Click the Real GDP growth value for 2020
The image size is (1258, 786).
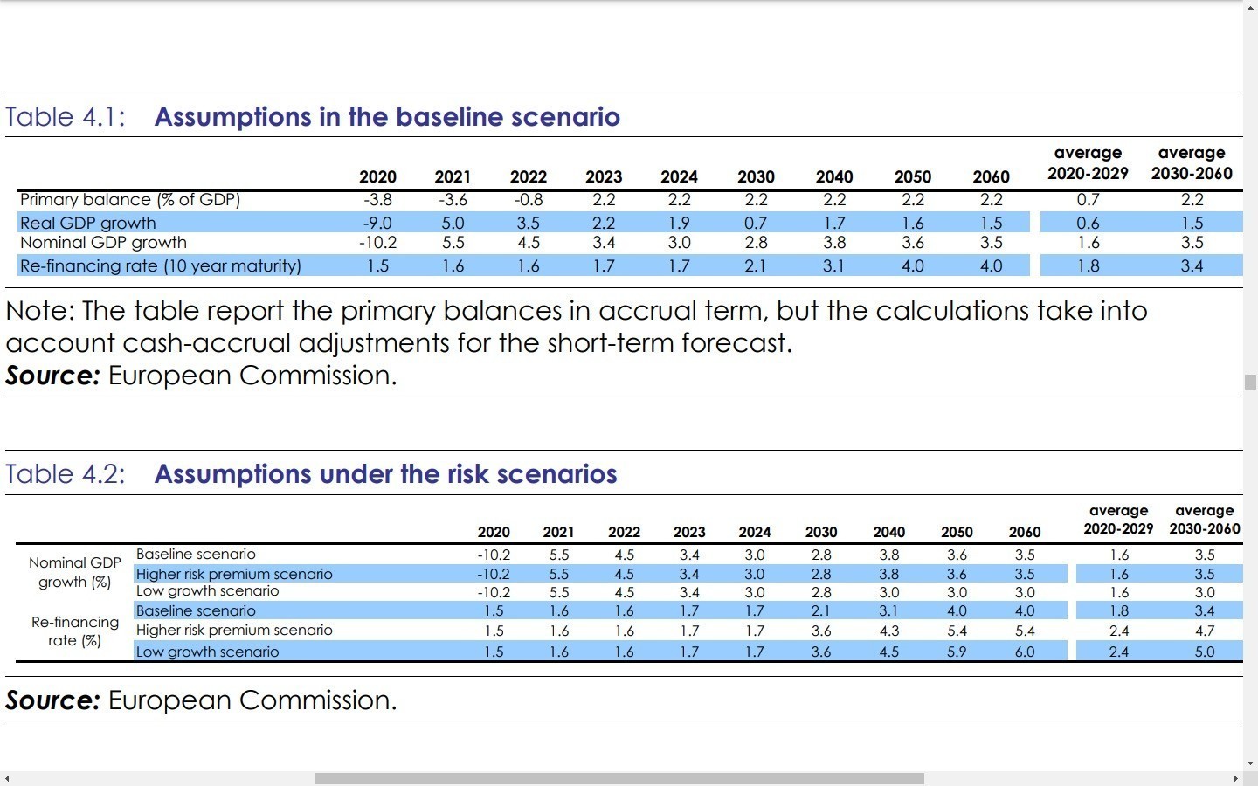[377, 224]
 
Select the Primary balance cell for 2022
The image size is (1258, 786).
[529, 200]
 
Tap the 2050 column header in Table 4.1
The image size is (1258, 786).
[913, 177]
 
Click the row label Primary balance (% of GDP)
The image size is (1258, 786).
[130, 200]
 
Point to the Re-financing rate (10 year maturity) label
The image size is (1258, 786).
[161, 266]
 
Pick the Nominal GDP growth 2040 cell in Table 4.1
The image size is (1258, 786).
[834, 243]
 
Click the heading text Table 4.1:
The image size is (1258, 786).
[66, 117]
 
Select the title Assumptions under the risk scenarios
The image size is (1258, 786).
[385, 474]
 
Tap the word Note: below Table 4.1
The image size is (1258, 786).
[40, 311]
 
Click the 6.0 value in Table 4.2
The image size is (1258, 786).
[1025, 652]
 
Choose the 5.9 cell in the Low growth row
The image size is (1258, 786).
[957, 652]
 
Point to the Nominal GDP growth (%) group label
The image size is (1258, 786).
[75, 572]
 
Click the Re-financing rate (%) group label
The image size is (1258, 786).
[75, 631]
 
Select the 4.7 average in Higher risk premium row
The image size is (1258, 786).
[1205, 631]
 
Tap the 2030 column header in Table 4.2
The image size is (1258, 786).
[821, 533]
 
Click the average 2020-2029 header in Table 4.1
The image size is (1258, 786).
[1088, 163]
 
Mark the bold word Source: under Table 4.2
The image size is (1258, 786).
[52, 700]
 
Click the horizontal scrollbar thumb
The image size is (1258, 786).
[619, 778]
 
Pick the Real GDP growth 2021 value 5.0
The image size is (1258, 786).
[453, 224]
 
